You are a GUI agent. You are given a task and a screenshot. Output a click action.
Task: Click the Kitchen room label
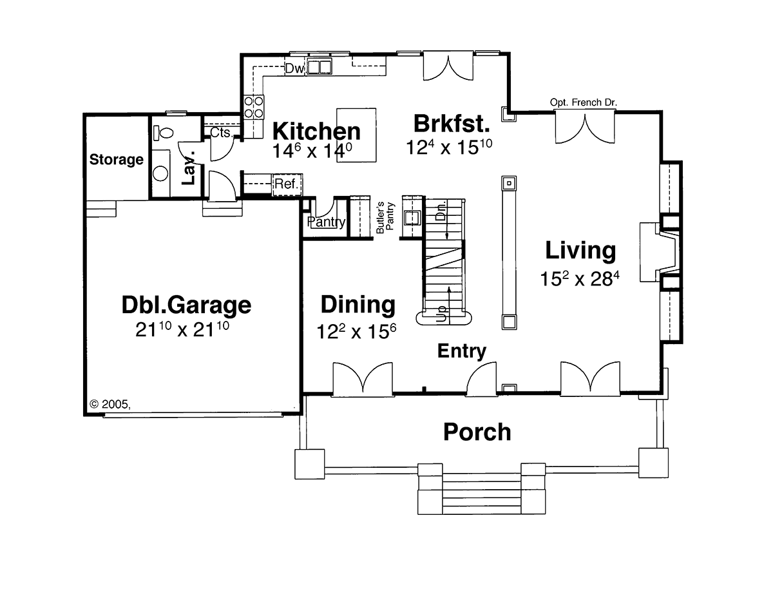pyautogui.click(x=316, y=131)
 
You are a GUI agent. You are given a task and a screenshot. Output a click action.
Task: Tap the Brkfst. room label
pyautogui.click(x=452, y=124)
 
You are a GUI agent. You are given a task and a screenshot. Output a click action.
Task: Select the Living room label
pyautogui.click(x=580, y=251)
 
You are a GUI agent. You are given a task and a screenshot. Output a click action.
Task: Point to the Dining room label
pyautogui.click(x=358, y=305)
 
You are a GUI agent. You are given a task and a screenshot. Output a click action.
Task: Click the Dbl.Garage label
pyautogui.click(x=186, y=305)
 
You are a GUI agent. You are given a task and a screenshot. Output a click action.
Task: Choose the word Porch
pyautogui.click(x=477, y=432)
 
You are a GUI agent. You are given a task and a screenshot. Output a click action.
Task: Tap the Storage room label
pyautogui.click(x=117, y=159)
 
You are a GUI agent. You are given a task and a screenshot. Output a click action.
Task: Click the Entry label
pyautogui.click(x=462, y=351)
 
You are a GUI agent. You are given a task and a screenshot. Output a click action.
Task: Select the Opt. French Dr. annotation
pyautogui.click(x=584, y=102)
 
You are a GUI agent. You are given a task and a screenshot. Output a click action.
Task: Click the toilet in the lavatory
pyautogui.click(x=163, y=133)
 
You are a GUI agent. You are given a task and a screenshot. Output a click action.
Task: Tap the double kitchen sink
pyautogui.click(x=320, y=67)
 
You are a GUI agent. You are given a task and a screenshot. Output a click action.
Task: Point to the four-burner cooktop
pyautogui.click(x=254, y=108)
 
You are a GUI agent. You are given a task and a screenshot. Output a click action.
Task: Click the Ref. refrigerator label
pyautogui.click(x=287, y=184)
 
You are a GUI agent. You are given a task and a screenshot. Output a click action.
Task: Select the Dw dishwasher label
pyautogui.click(x=295, y=68)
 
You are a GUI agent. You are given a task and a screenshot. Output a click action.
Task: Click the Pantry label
pyautogui.click(x=326, y=222)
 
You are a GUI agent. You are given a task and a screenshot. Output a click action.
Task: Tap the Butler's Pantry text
pyautogui.click(x=385, y=217)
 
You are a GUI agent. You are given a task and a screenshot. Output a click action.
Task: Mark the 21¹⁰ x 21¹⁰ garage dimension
pyautogui.click(x=182, y=329)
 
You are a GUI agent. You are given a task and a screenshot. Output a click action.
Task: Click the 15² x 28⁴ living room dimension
pyautogui.click(x=580, y=278)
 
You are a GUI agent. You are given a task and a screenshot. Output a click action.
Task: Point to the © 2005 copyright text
pyautogui.click(x=110, y=404)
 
